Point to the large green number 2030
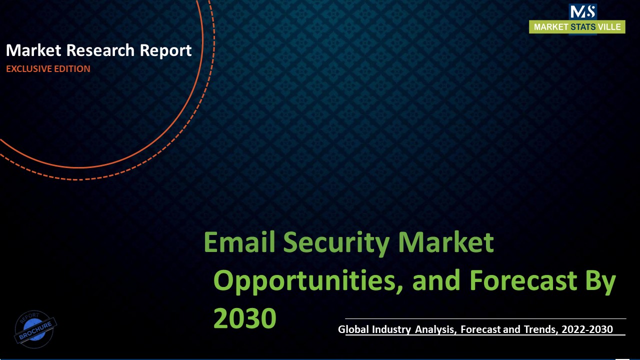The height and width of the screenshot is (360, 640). pyautogui.click(x=245, y=318)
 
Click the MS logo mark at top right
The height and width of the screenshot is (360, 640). pyautogui.click(x=582, y=12)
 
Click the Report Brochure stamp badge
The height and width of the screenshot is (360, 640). pyautogui.click(x=35, y=328)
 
